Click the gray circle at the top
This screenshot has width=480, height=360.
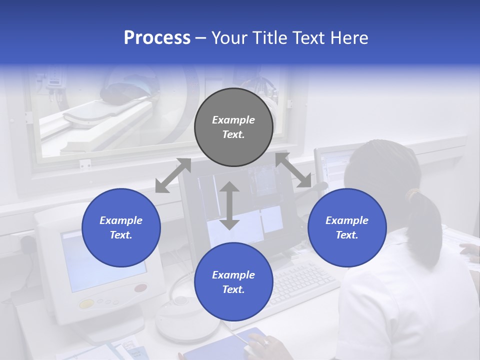pyautogui.click(x=233, y=127)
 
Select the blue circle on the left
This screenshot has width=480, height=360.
pyautogui.click(x=121, y=227)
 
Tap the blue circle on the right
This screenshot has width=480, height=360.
pyautogui.click(x=347, y=227)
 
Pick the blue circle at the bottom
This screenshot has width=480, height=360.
pyautogui.click(x=233, y=282)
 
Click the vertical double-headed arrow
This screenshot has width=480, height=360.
pyautogui.click(x=229, y=205)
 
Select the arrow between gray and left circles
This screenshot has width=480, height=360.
pyautogui.click(x=173, y=175)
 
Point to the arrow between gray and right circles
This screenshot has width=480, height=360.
pyautogui.click(x=293, y=170)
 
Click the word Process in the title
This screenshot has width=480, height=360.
pyautogui.click(x=157, y=38)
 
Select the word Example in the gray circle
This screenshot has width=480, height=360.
pyautogui.click(x=233, y=120)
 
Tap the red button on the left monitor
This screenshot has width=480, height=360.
pyautogui.click(x=140, y=288)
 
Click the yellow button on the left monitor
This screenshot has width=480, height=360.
pyautogui.click(x=86, y=303)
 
